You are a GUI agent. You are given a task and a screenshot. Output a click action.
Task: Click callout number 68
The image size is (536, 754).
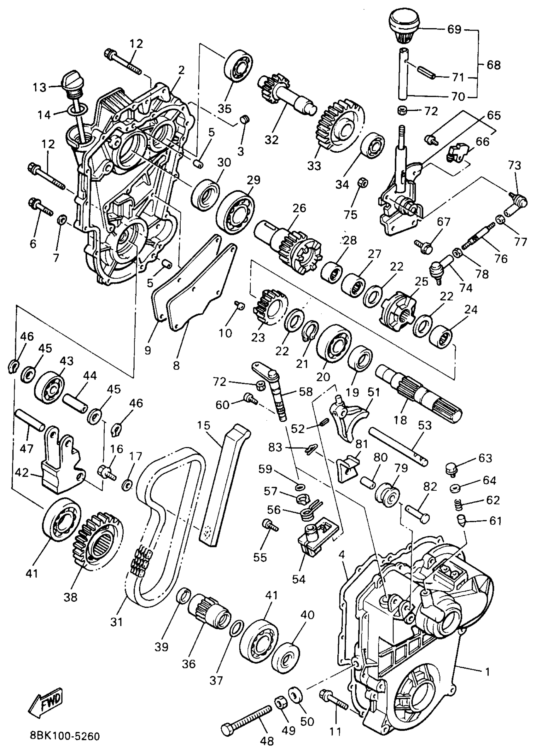coord(493,65)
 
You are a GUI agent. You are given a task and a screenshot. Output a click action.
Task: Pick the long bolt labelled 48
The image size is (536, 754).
coord(248,716)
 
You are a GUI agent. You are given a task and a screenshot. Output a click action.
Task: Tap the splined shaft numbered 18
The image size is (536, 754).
coord(419,395)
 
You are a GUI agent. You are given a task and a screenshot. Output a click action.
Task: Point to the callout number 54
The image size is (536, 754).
coord(299,579)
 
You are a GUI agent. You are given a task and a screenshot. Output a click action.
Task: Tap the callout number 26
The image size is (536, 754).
coord(299,208)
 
